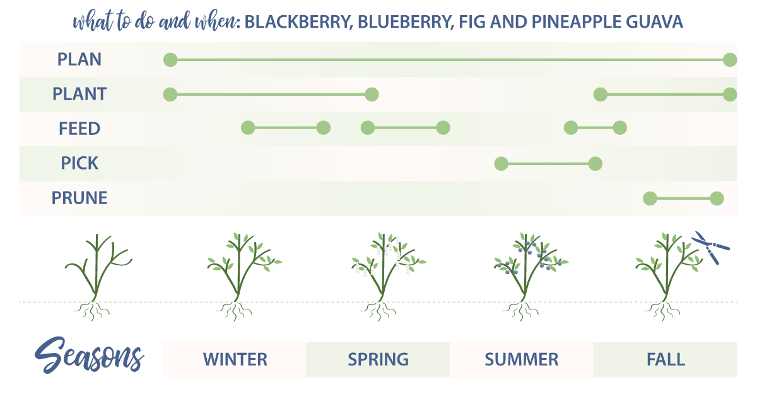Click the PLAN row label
(x=79, y=60)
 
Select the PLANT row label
(x=79, y=95)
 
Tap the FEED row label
(x=79, y=129)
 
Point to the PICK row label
(x=79, y=163)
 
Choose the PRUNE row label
(x=79, y=198)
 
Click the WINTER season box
(x=235, y=360)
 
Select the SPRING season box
(x=378, y=360)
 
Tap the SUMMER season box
(x=521, y=360)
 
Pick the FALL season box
(x=665, y=360)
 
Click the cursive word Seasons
(x=88, y=356)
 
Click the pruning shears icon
(x=711, y=248)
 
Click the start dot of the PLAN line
(x=170, y=60)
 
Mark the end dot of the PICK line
(x=595, y=164)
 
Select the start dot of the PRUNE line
(x=650, y=198)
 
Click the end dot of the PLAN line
(x=730, y=60)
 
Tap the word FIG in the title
(x=505, y=23)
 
